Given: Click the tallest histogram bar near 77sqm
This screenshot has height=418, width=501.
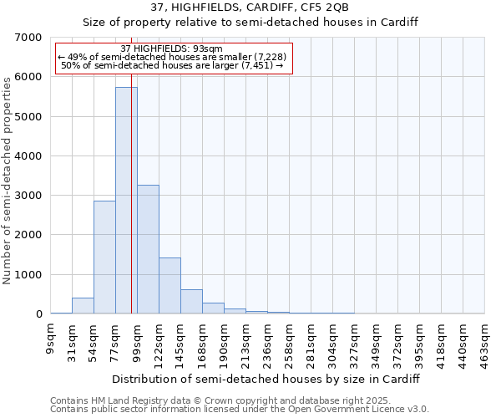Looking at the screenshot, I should tap(126, 201).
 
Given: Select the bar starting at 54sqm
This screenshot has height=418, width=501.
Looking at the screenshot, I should tap(104, 257).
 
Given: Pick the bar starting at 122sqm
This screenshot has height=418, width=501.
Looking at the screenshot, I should tap(170, 286).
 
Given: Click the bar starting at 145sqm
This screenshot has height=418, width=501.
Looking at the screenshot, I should tap(191, 302).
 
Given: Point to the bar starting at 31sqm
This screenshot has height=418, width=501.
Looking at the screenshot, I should tap(83, 306).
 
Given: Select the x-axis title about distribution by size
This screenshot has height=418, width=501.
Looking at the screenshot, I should tap(265, 379).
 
